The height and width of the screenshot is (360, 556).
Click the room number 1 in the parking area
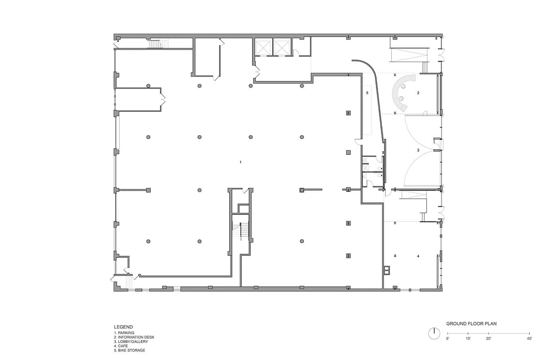pyautogui.click(x=240, y=162)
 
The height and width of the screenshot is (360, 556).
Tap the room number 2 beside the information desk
pyautogui.click(x=418, y=93)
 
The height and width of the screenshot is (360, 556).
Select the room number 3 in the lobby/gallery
pyautogui.click(x=418, y=150)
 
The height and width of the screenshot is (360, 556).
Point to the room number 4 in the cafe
pyautogui.click(x=418, y=256)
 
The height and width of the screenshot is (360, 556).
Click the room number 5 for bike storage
pyautogui.click(x=367, y=93)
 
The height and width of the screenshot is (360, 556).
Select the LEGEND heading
pyautogui.click(x=123, y=327)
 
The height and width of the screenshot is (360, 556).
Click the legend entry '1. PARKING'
pyautogui.click(x=124, y=333)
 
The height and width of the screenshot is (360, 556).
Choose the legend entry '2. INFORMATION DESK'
pyautogui.click(x=134, y=337)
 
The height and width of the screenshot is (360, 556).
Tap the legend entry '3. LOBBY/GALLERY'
pyautogui.click(x=131, y=341)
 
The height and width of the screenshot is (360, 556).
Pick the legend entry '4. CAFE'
pyautogui.click(x=121, y=346)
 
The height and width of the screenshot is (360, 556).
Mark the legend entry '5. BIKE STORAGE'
pyautogui.click(x=129, y=350)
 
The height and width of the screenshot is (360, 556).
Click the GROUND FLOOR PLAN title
pyautogui.click(x=471, y=324)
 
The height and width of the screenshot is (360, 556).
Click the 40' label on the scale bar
pyautogui.click(x=529, y=339)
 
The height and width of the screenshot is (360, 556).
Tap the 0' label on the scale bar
pyautogui.click(x=447, y=339)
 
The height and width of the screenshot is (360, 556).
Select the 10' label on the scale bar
pyautogui.click(x=468, y=339)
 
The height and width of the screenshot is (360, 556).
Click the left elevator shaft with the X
pyautogui.click(x=263, y=47)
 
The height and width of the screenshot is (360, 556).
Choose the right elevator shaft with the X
pyautogui.click(x=281, y=47)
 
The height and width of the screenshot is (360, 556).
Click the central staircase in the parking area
pyautogui.click(x=240, y=232)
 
